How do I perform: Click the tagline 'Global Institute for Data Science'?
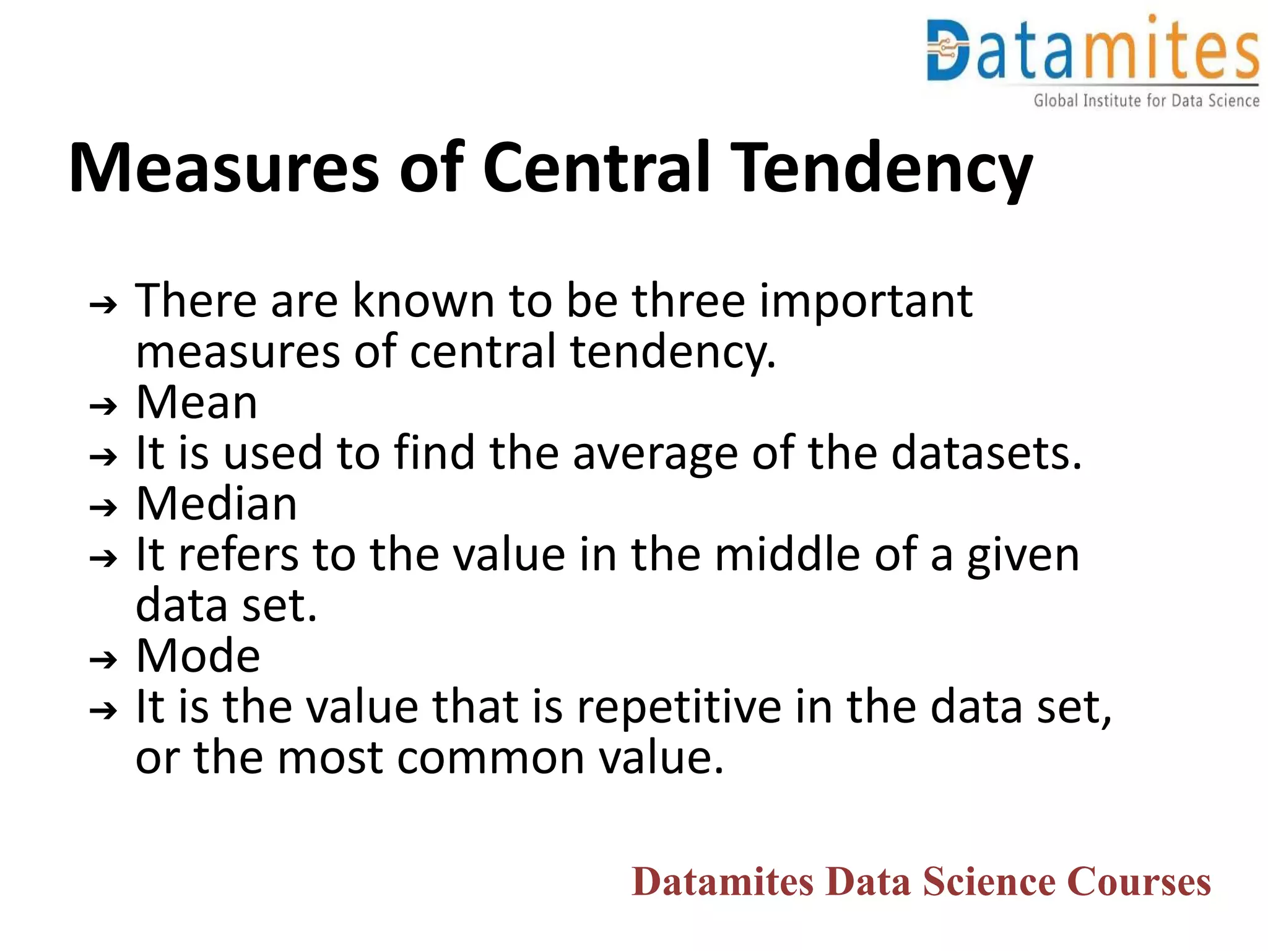1146,100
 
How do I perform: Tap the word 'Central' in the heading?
596,167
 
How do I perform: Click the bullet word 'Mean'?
196,402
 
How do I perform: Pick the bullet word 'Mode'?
198,656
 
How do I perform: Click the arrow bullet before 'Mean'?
103,406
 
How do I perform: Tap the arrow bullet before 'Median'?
103,508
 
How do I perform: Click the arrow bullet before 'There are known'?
103,305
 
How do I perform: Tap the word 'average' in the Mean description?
655,454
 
